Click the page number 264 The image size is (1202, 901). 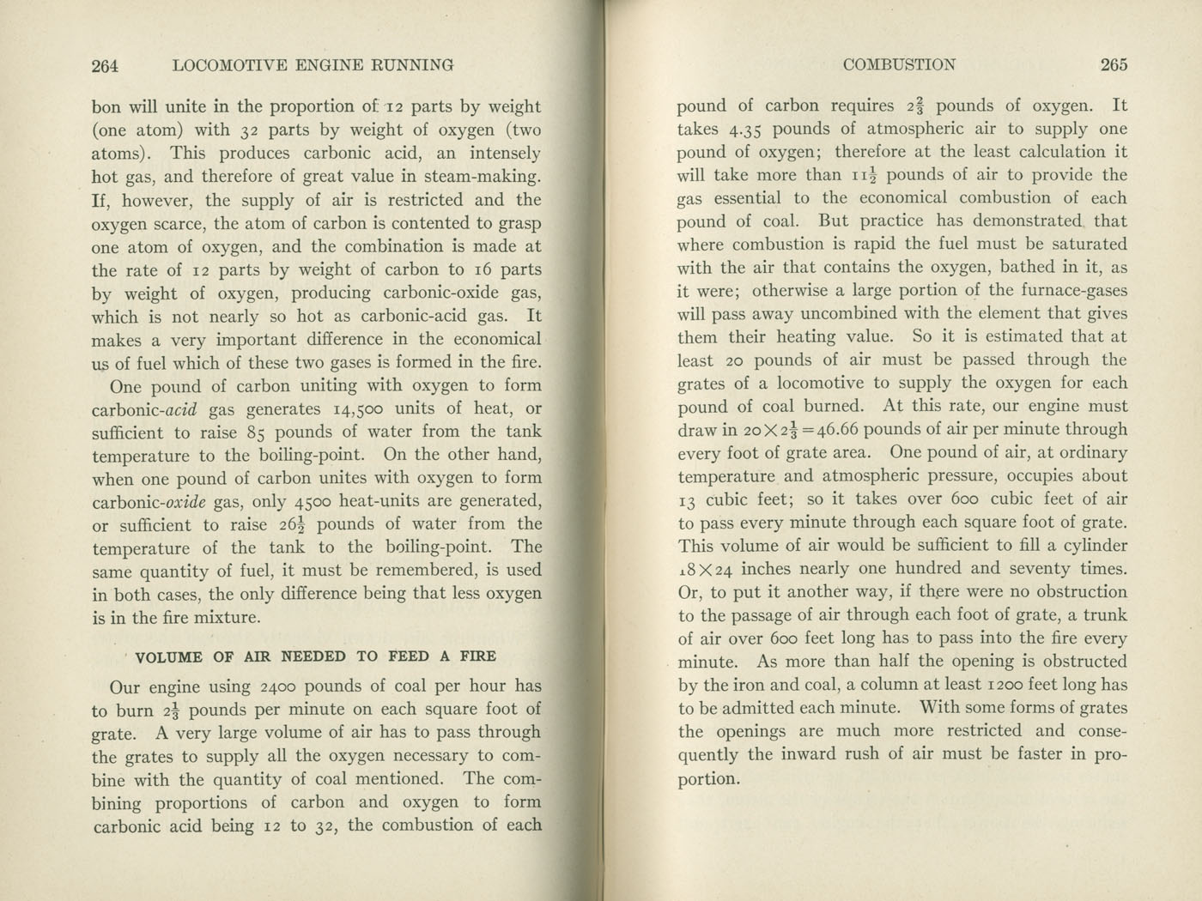(x=104, y=65)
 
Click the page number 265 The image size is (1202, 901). (x=1114, y=64)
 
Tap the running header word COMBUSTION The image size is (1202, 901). (x=899, y=64)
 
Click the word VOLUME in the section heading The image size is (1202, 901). (x=169, y=657)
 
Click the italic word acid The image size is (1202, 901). (x=182, y=409)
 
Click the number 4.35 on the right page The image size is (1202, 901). (x=747, y=130)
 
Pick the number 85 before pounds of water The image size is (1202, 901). (x=256, y=432)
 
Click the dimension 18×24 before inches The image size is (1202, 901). (x=705, y=569)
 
